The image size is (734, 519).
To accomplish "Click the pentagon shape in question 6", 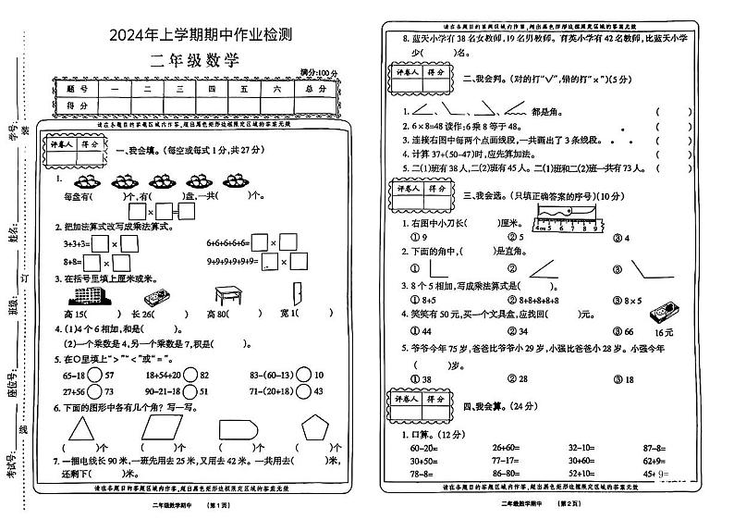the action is click(x=317, y=428).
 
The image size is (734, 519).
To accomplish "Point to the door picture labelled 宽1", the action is click(x=295, y=296).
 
